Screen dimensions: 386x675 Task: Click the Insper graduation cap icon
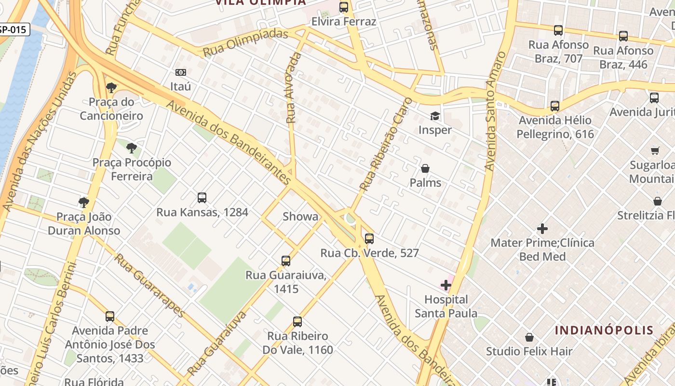tap(435, 116)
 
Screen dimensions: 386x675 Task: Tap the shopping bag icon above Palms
tap(425, 168)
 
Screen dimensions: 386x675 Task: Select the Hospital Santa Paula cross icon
tap(446, 285)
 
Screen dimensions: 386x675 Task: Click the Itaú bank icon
tap(181, 72)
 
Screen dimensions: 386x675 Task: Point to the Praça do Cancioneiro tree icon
tap(111, 88)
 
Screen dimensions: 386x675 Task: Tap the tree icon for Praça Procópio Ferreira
tap(131, 148)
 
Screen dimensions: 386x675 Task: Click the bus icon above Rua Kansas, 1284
tap(202, 198)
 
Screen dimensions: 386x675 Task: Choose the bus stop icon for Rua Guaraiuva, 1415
tap(286, 261)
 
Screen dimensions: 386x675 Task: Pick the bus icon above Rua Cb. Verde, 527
tap(369, 238)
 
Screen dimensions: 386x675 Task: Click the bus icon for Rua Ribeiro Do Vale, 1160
tap(297, 322)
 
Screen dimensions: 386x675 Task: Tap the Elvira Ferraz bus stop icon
tap(344, 7)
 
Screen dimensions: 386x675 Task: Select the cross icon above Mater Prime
tap(542, 228)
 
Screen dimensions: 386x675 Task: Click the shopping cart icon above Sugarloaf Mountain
tap(655, 151)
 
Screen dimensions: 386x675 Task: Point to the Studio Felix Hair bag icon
tap(529, 337)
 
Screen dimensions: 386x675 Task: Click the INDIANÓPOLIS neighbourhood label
tap(604, 331)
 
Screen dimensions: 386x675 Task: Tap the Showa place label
tap(300, 217)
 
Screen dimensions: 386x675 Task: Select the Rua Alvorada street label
tap(293, 88)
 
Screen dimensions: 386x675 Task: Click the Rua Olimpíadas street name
tap(245, 42)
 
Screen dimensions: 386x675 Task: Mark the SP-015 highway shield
tap(14, 29)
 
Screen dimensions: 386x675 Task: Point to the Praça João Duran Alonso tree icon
tap(84, 202)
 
